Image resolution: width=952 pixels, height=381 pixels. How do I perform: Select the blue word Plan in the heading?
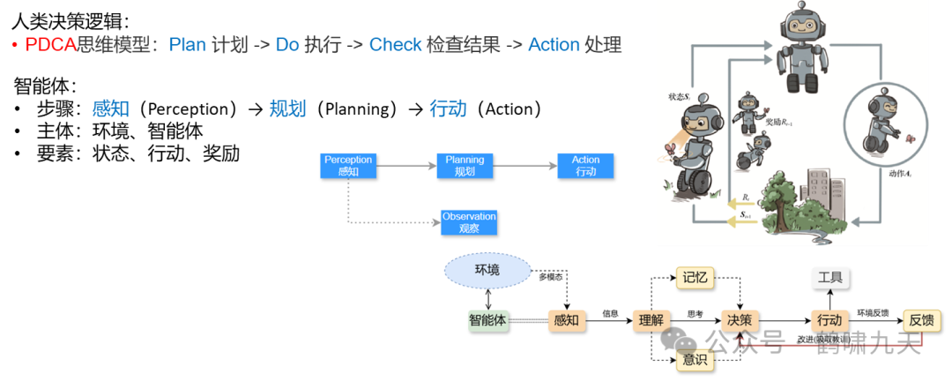(187, 44)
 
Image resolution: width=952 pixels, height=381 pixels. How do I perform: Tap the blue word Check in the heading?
(395, 44)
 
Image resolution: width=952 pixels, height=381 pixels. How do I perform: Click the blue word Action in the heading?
(554, 44)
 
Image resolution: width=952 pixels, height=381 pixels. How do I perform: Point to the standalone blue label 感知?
(110, 109)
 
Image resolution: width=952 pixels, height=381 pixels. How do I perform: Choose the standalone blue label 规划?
(287, 109)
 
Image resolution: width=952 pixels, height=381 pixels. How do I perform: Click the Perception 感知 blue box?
(348, 166)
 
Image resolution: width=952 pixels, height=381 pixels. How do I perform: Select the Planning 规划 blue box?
(465, 166)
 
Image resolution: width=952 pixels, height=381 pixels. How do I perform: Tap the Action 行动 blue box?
(585, 166)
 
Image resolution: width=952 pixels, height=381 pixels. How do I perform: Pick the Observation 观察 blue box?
(469, 221)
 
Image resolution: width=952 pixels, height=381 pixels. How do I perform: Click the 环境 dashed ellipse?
(487, 270)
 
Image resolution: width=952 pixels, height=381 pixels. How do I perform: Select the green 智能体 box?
(488, 320)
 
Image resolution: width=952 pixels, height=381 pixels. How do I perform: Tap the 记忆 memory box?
(695, 279)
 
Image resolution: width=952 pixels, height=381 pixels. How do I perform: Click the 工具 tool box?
(830, 279)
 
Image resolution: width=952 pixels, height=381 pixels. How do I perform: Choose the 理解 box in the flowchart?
(651, 320)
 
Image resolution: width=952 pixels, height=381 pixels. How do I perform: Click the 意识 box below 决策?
(695, 360)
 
